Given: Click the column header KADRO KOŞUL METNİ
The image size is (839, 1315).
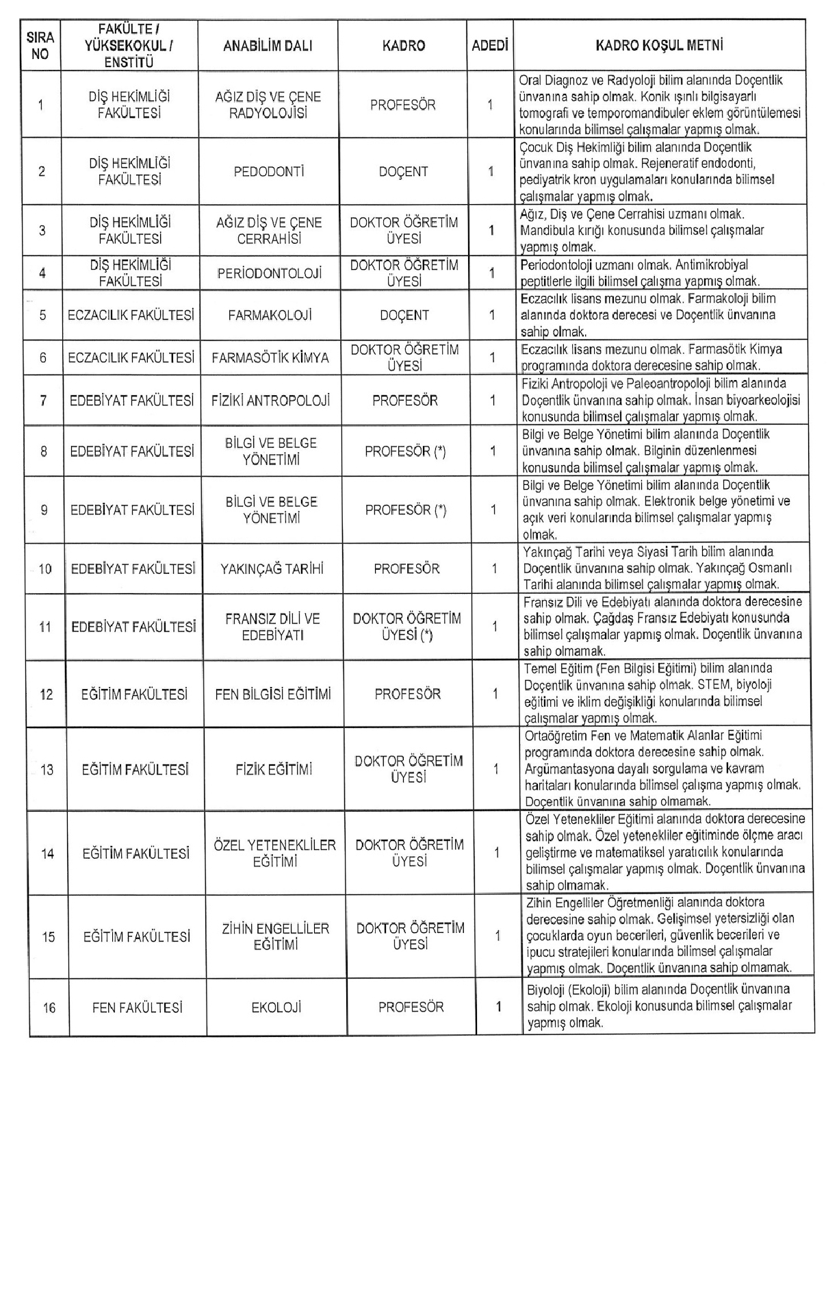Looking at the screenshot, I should coord(659,46).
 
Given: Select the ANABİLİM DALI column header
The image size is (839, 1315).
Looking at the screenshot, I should coord(268,46).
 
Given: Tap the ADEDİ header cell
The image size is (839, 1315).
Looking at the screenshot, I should coord(490,46).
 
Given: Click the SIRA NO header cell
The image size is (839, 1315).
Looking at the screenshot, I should coord(40,46).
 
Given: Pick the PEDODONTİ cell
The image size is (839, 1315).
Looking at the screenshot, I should coord(268,172).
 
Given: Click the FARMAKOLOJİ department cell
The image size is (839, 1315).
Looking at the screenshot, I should coord(270,316).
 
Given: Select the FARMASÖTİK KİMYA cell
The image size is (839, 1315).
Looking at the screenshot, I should coord(270,358).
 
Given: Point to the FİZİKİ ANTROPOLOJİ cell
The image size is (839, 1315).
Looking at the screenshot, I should coord(271,400).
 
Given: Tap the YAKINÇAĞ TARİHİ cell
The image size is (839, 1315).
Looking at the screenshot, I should coord(272,568).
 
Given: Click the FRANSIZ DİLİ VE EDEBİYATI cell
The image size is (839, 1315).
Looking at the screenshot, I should coord(272,627).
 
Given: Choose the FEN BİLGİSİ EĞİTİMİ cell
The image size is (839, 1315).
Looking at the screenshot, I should coord(273,694).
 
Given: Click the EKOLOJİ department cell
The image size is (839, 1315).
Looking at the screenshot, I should coord(276,1007).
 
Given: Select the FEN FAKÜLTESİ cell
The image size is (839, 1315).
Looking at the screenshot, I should coord(137,1007).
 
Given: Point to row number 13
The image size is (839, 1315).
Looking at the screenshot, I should coord(47,770).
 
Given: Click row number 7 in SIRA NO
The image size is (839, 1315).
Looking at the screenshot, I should coord(43,400).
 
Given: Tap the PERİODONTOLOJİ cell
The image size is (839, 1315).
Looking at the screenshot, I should coord(269,273).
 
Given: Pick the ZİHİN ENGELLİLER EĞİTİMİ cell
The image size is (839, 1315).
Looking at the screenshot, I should coord(275,936).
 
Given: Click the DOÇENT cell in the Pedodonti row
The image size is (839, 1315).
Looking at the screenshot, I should coord(404,172).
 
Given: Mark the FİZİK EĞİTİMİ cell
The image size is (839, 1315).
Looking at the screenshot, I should coord(274,770).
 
